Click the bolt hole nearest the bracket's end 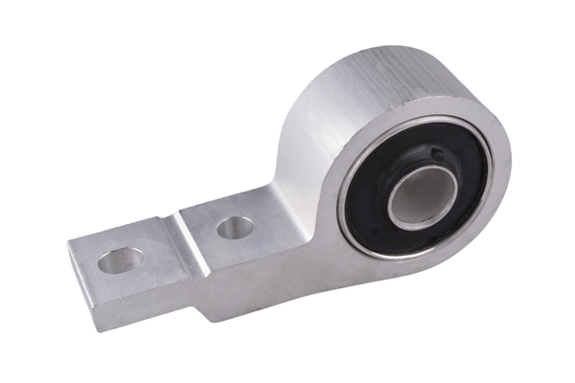click(x=122, y=259)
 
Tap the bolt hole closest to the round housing click(x=235, y=227)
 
